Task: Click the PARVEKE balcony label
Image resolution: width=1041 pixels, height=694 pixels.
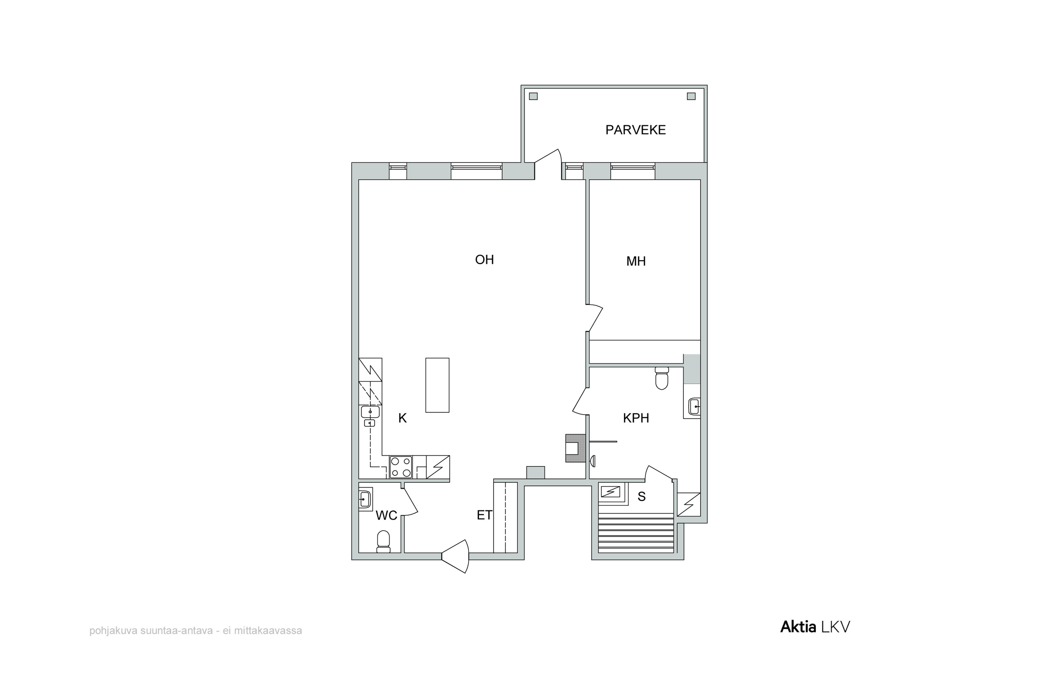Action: (x=636, y=130)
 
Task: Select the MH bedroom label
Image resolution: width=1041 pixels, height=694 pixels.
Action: (x=636, y=261)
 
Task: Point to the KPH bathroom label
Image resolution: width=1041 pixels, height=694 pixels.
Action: (x=636, y=418)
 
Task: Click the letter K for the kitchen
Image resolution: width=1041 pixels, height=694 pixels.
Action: (x=402, y=418)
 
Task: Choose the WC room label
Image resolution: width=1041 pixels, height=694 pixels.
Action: (x=387, y=515)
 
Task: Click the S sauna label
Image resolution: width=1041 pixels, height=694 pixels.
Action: (x=641, y=497)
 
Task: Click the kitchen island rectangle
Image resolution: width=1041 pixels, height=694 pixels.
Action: (x=437, y=385)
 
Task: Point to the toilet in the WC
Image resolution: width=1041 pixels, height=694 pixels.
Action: (x=383, y=542)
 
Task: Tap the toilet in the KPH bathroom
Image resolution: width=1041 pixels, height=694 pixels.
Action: (x=662, y=378)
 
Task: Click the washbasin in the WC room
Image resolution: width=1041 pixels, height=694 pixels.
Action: (x=365, y=499)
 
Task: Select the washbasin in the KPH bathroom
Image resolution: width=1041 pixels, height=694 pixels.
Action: (x=694, y=406)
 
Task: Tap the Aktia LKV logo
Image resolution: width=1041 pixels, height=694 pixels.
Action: (x=815, y=627)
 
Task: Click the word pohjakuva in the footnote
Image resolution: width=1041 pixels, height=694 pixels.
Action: (x=113, y=631)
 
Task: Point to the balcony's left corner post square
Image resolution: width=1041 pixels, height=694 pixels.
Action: (x=533, y=96)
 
